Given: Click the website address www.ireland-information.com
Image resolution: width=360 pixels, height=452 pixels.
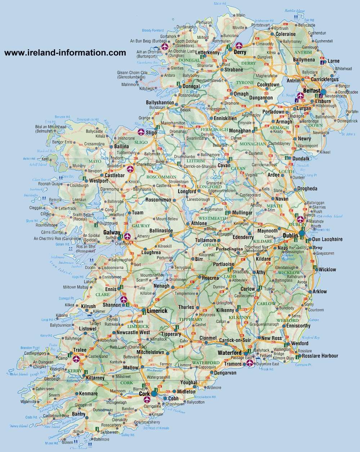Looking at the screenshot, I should click(x=65, y=53).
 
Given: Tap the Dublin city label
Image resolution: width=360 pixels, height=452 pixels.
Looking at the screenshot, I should click(x=290, y=235).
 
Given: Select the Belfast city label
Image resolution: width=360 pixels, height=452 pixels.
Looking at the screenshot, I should click(x=312, y=91).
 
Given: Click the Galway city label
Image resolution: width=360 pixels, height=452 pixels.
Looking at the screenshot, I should click(x=112, y=232).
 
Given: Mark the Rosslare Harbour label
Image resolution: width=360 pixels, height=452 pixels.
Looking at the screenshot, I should click(x=320, y=356).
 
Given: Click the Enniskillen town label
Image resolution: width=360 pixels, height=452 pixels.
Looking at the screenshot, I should click(x=225, y=118).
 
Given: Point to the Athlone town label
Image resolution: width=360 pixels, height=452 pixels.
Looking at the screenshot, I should click(x=199, y=223).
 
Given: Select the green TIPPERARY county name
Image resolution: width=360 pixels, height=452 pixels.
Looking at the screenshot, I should click(x=191, y=319).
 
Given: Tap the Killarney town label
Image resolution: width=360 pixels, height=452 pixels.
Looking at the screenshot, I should click(x=95, y=378).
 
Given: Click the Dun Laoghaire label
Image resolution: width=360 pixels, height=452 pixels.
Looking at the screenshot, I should click(x=327, y=239).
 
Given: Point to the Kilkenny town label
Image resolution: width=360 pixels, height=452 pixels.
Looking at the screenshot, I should click(x=225, y=310).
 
